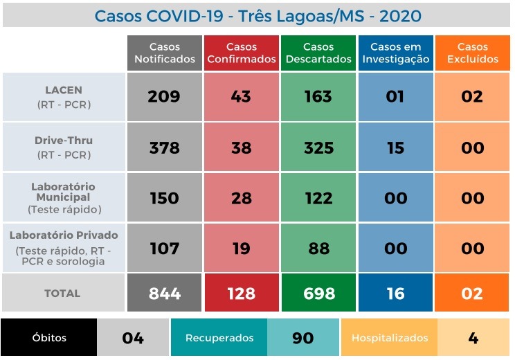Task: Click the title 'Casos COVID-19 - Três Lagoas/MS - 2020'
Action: coord(257,15)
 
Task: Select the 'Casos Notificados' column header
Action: coord(165,53)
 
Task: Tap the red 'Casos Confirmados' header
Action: coord(242,53)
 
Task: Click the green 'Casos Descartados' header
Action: coord(318,53)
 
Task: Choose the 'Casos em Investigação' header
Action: coord(395,53)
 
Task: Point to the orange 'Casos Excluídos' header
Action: coord(472,53)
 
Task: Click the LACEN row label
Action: coord(64,97)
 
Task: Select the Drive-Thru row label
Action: coord(64,147)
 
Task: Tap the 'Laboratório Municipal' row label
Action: coord(64,198)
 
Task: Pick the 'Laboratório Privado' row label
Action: coord(64,248)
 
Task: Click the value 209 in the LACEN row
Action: coord(164,97)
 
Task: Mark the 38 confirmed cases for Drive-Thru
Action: coord(241,147)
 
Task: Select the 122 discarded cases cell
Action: coord(318,198)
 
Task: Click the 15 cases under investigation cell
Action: coord(395,147)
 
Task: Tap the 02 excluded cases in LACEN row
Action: coord(472,97)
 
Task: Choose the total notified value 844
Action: coord(165,294)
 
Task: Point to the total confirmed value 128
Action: coord(241,294)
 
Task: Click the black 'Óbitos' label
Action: coord(49,338)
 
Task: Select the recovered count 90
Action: coord(303,338)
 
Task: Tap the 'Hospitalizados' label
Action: coord(390,338)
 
